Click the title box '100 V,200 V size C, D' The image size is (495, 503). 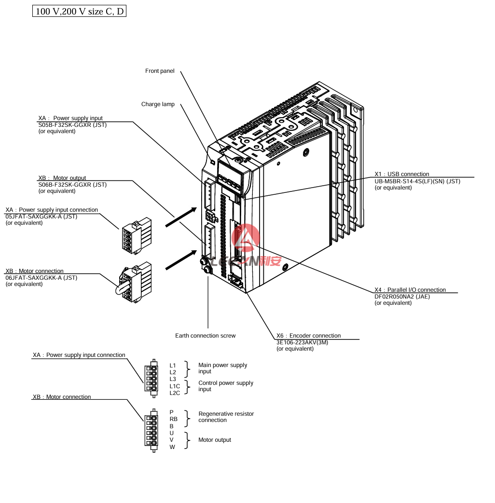point(79,11)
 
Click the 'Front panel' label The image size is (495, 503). point(160,71)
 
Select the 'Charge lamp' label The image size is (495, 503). point(158,104)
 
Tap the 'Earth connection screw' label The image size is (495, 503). point(205,336)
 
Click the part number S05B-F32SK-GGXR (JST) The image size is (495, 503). point(72,125)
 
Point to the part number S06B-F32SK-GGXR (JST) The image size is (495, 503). point(72,185)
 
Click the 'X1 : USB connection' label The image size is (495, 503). point(402,174)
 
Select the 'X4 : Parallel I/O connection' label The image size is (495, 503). point(410,290)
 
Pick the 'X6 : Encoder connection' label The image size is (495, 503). point(308,336)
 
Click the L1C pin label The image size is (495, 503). point(175,386)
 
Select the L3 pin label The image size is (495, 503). point(173,379)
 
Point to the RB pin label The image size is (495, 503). point(174,419)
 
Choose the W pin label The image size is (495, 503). point(172,447)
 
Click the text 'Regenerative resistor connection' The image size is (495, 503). point(226,417)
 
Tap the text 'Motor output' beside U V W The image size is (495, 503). point(215,440)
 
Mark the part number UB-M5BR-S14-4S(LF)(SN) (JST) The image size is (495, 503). point(417,181)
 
